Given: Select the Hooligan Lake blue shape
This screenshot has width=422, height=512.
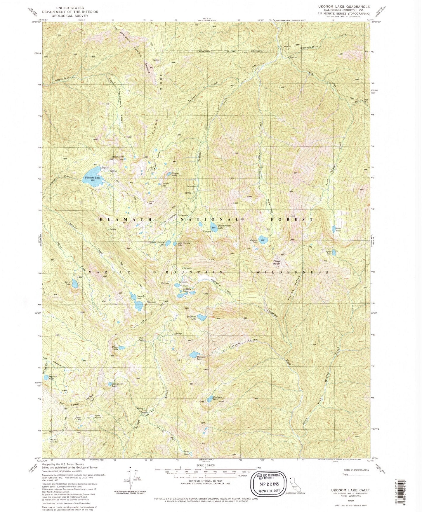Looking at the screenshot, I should (x=210, y=399).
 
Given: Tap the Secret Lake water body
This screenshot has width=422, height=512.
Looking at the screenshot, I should (x=75, y=283).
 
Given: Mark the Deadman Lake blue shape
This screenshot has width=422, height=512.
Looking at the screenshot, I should (x=202, y=317).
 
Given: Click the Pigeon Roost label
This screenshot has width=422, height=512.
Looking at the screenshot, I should (x=277, y=262).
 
